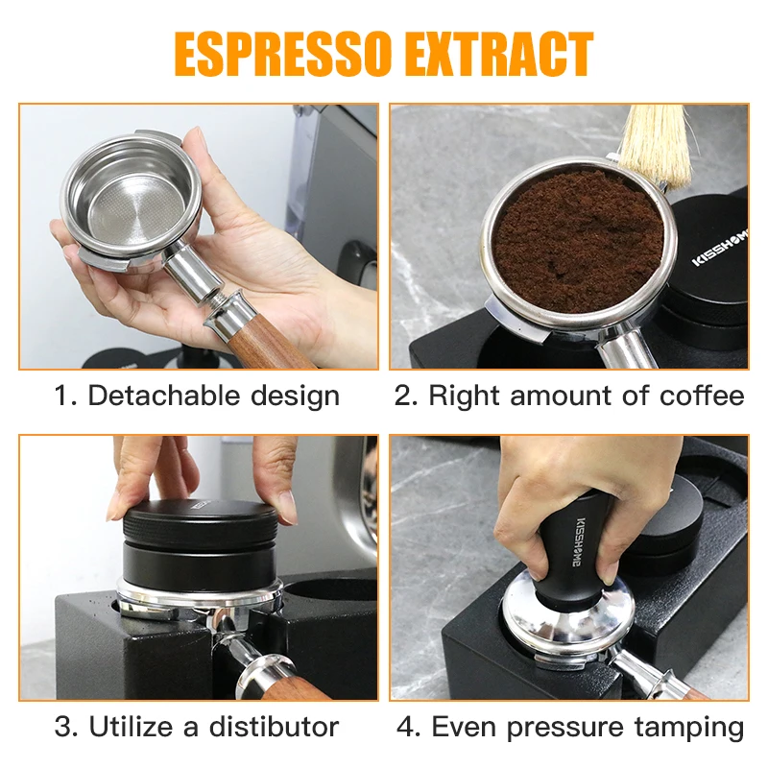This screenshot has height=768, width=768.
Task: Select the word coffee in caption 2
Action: pos(702,396)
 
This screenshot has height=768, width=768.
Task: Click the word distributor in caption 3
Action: pos(272,726)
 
